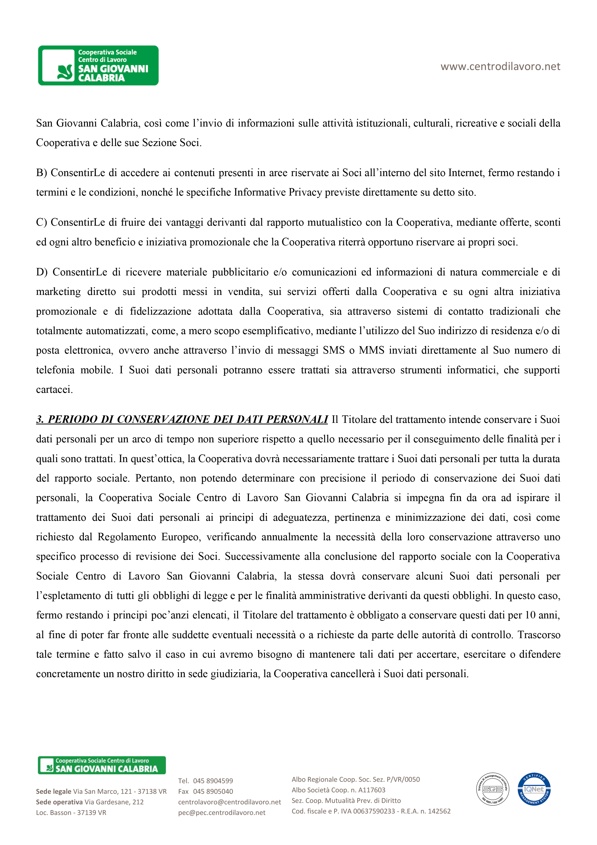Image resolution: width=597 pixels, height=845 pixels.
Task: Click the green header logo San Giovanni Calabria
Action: point(98,65)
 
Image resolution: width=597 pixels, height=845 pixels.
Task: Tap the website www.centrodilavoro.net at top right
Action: point(500,67)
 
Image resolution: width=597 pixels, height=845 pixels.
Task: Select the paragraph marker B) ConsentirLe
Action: point(70,173)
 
